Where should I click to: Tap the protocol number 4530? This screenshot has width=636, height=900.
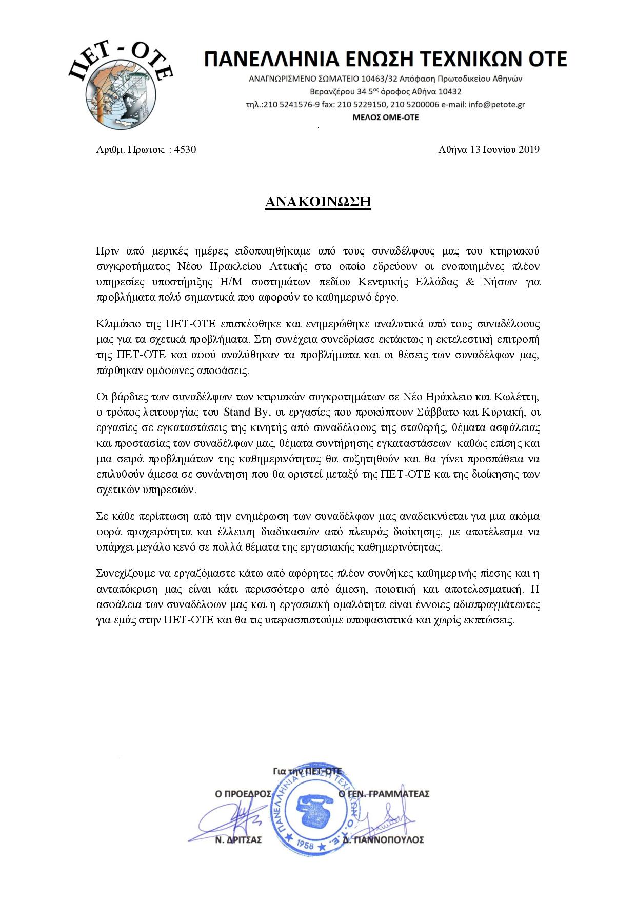[185, 150]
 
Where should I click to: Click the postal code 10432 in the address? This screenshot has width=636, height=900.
[447, 92]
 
